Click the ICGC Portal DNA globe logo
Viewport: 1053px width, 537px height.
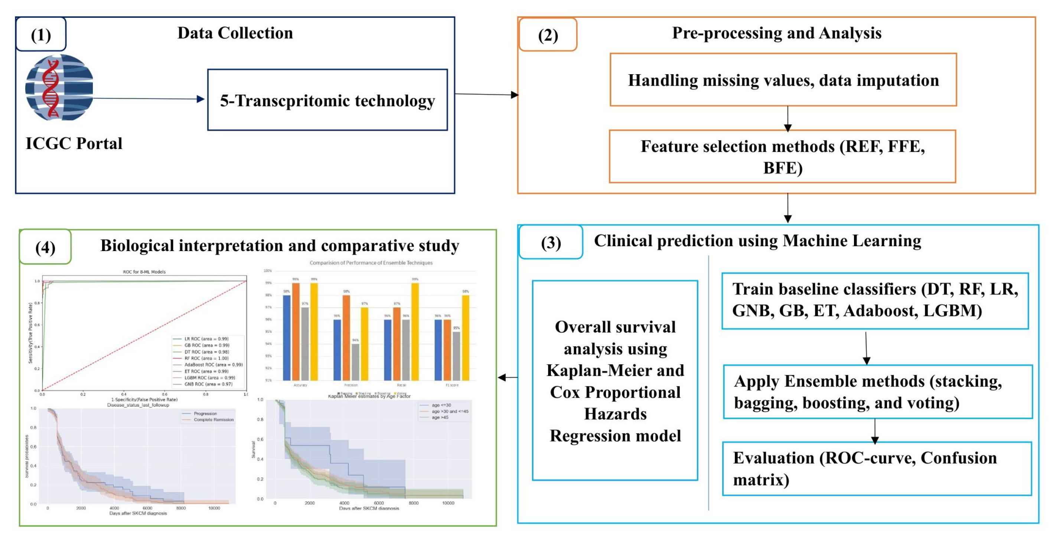59,88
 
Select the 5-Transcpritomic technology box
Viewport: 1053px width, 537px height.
327,100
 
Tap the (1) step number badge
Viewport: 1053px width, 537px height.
41,35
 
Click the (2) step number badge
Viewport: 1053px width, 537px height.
548,35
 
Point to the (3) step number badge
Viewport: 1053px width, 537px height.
551,243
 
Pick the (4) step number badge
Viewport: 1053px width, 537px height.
45,247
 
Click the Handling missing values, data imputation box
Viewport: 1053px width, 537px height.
783,80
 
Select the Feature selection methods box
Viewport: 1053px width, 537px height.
782,157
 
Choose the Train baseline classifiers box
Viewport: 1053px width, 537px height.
875,300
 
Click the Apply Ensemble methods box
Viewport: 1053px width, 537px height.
877,392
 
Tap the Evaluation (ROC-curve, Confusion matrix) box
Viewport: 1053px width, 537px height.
876,468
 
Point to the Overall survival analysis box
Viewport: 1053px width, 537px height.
615,380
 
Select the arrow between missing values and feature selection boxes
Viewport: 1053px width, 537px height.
788,118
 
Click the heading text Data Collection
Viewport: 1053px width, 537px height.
235,33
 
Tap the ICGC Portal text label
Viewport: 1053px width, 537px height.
74,144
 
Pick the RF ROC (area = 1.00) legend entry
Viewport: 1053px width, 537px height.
206,358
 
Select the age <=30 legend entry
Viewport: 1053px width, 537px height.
441,405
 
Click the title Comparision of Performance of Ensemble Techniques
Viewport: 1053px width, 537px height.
371,263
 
